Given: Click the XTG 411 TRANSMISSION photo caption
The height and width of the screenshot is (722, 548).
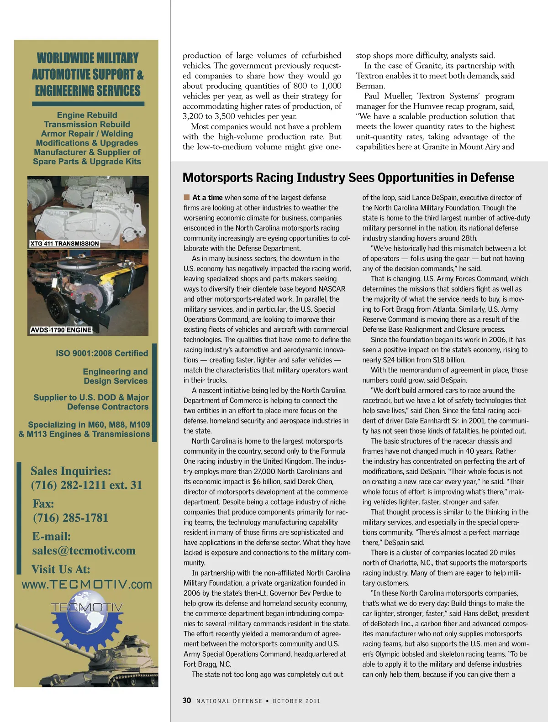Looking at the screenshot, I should pyautogui.click(x=64, y=244).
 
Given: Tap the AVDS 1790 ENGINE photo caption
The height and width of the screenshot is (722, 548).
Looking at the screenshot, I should pyautogui.click(x=61, y=330).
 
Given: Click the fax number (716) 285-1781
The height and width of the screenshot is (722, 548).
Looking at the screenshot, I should pyautogui.click(x=70, y=518).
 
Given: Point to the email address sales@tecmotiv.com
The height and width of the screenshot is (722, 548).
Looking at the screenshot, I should pyautogui.click(x=84, y=551).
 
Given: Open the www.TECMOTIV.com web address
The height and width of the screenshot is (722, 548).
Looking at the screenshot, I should pyautogui.click(x=87, y=585).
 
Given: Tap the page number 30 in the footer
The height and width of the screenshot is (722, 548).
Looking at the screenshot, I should pyautogui.click(x=187, y=701).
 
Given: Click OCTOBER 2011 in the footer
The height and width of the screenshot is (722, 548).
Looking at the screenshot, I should pyautogui.click(x=296, y=701).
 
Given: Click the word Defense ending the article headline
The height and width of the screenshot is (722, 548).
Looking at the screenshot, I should pyautogui.click(x=490, y=178).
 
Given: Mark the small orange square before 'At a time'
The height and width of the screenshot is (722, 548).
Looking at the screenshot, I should pyautogui.click(x=186, y=197).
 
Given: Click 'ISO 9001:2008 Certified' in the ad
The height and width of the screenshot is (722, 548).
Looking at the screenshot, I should pyautogui.click(x=102, y=353).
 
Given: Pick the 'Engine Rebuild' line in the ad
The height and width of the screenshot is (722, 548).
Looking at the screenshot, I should pyautogui.click(x=87, y=115).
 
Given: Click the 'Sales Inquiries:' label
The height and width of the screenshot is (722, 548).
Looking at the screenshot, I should pyautogui.click(x=71, y=471).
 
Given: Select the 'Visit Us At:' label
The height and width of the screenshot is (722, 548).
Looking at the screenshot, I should pyautogui.click(x=61, y=569).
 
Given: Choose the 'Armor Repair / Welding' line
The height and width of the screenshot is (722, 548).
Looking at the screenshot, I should pyautogui.click(x=87, y=134).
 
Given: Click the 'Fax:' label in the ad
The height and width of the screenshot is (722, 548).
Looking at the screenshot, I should pyautogui.click(x=43, y=504).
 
